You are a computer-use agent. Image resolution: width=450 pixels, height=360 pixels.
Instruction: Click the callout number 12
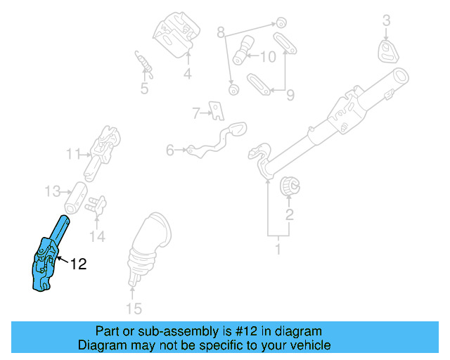click(x=78, y=264)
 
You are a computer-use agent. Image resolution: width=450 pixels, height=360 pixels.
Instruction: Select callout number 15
click(x=133, y=308)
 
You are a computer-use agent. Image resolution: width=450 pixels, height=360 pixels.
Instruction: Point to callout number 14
click(x=97, y=237)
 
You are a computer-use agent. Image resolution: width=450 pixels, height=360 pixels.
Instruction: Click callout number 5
click(x=144, y=89)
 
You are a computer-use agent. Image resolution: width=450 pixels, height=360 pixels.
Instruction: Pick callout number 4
click(x=188, y=74)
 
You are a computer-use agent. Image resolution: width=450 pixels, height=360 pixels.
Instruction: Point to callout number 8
click(x=220, y=32)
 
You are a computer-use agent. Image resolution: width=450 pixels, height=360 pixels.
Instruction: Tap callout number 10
click(x=269, y=56)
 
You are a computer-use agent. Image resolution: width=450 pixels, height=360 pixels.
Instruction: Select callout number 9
click(x=290, y=94)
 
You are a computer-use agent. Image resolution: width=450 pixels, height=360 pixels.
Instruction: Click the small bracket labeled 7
click(x=217, y=110)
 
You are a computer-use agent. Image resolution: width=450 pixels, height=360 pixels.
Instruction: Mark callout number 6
click(x=170, y=150)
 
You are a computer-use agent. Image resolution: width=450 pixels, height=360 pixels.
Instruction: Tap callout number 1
click(x=278, y=248)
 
